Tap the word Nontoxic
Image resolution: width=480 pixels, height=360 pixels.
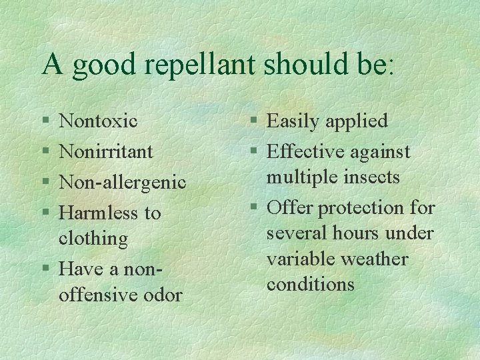tap(98, 121)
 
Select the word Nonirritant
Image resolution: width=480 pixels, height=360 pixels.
tap(106, 151)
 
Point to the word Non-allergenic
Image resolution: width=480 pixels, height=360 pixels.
tap(123, 182)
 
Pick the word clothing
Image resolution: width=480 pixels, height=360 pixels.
tap(93, 238)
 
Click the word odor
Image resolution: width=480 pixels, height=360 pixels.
tap(161, 295)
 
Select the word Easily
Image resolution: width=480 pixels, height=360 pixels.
tap(293, 121)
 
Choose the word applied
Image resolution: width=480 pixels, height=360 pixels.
tap(357, 121)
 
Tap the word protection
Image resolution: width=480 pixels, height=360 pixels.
tap(363, 208)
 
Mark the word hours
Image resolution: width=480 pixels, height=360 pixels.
tap(360, 233)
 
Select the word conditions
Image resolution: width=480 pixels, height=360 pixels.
tap(311, 284)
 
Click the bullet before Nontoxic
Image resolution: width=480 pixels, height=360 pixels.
tap(44, 121)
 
